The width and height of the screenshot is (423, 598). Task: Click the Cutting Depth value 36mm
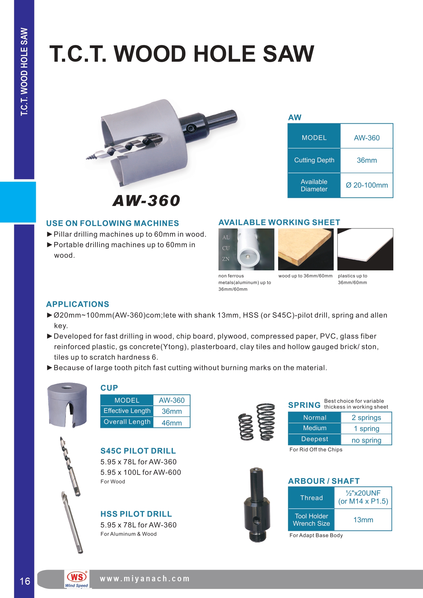click(x=367, y=160)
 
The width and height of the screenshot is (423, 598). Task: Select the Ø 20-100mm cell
click(x=367, y=185)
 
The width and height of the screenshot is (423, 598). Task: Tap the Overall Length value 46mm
click(x=171, y=423)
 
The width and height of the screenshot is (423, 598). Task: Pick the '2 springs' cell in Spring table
click(x=366, y=418)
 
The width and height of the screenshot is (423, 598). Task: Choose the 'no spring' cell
click(x=366, y=440)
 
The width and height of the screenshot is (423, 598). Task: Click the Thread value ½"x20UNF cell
click(x=363, y=497)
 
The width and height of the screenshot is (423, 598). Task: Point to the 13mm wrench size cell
click(x=363, y=520)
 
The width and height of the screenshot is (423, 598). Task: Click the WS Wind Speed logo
click(x=77, y=579)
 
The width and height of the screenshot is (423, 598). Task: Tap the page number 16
click(x=25, y=581)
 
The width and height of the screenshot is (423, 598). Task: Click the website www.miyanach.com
click(x=145, y=579)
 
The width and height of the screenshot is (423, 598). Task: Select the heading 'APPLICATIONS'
click(x=78, y=304)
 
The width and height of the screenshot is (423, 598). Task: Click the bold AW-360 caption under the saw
click(x=146, y=200)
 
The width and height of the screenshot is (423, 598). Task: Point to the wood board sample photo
click(x=306, y=249)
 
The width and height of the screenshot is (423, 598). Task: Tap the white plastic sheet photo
click(x=365, y=249)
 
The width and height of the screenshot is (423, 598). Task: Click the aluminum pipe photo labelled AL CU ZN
click(x=246, y=249)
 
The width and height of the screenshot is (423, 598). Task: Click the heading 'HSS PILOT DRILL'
click(x=136, y=514)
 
